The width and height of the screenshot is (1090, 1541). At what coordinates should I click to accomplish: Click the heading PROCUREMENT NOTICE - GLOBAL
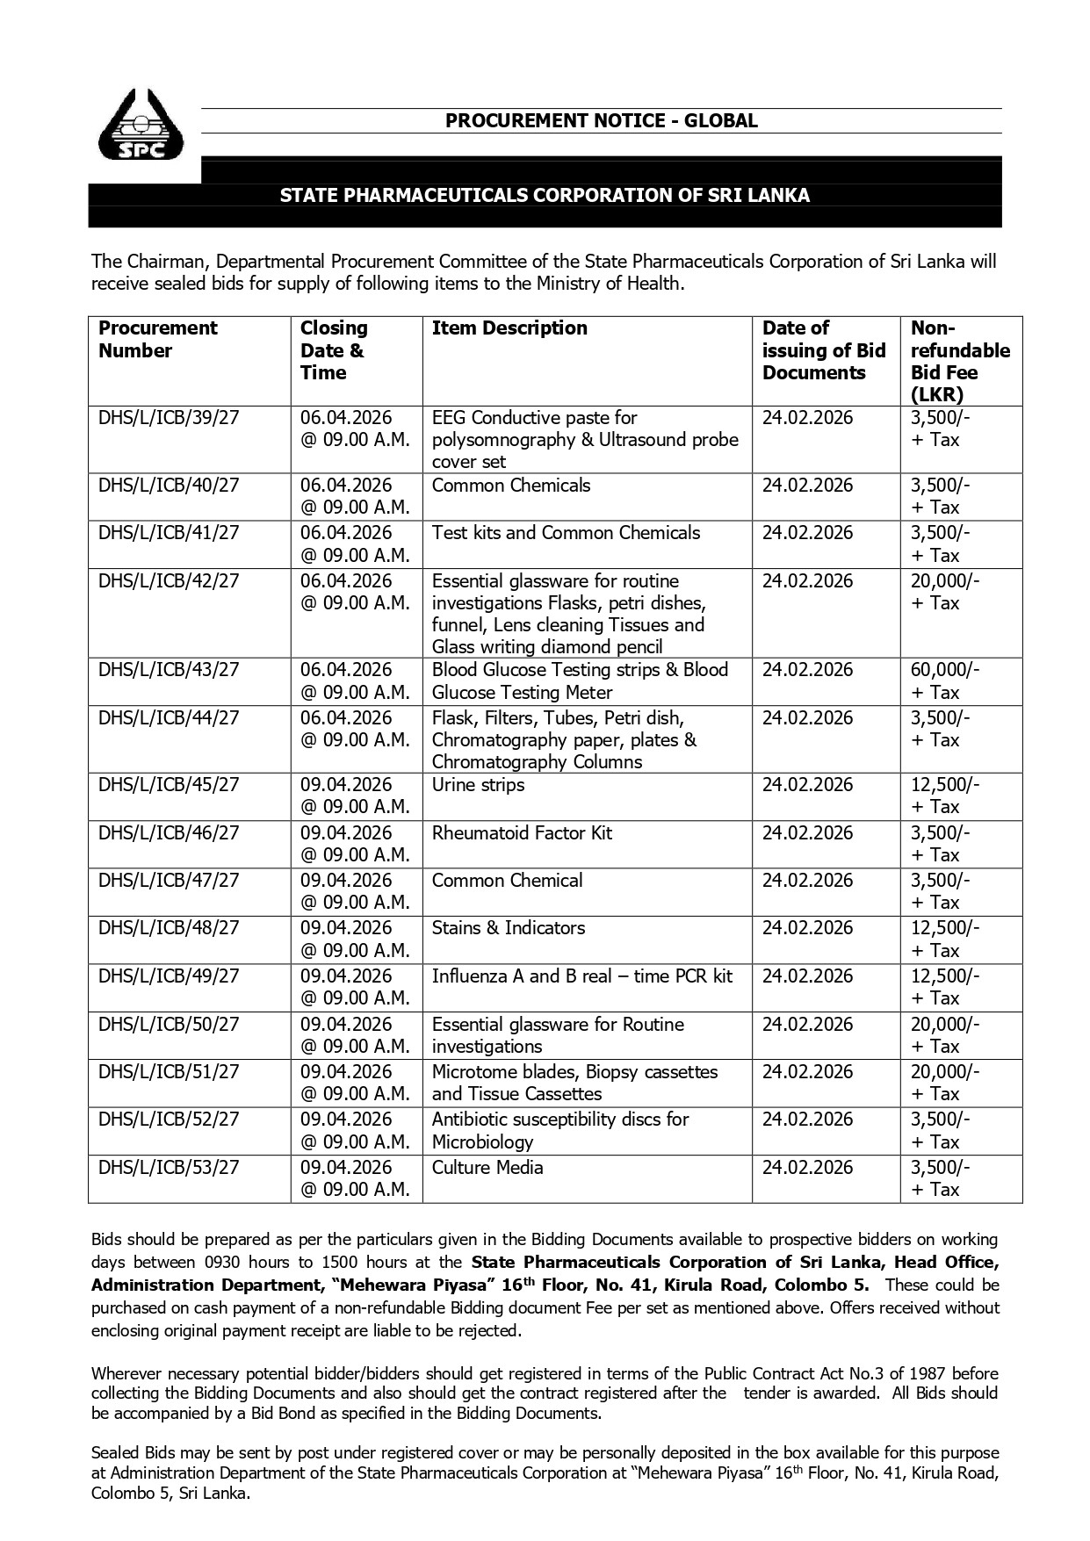point(601,121)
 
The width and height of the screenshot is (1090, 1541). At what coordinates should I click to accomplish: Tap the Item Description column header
point(509,328)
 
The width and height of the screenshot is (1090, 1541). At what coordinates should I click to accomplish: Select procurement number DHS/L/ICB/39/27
point(169,418)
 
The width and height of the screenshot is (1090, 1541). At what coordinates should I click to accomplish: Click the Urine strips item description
point(478,785)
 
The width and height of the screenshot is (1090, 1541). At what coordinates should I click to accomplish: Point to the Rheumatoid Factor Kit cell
point(522,833)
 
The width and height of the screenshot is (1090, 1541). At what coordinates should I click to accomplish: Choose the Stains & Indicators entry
point(508,928)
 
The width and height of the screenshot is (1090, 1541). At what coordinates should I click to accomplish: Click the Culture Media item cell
point(487,1168)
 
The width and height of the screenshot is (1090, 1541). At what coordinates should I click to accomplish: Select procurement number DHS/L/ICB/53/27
point(169,1168)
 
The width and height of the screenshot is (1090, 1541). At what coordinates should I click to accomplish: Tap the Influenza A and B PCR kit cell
point(581,976)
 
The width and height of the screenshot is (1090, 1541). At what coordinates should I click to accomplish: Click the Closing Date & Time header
point(334,350)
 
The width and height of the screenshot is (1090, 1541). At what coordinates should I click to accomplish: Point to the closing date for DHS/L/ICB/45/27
point(355,796)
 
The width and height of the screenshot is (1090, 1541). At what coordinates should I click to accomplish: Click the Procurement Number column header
point(158,339)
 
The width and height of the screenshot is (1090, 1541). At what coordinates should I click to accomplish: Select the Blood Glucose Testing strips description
point(580,680)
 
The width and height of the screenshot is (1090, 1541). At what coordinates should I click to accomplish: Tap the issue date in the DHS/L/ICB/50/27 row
point(807,1025)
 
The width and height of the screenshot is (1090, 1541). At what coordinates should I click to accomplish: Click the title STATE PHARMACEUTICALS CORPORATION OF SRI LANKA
point(545,195)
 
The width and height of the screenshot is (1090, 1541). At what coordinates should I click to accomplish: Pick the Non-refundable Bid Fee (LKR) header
point(959,361)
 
